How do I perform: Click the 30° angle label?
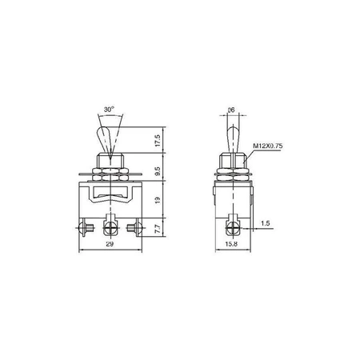point(109,110)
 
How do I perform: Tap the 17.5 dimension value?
point(158,141)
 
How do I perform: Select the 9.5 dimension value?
point(158,171)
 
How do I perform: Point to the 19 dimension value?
point(158,200)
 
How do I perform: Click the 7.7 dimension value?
point(158,229)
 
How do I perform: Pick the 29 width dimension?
point(110,244)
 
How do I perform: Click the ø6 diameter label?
point(231,110)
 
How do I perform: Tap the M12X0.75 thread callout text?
point(267,146)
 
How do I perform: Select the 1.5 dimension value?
point(266,223)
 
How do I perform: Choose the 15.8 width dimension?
point(231,244)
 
